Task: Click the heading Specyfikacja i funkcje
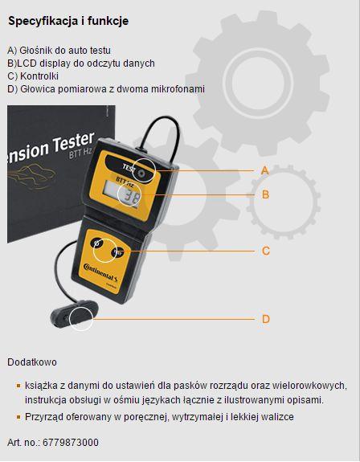click(x=68, y=21)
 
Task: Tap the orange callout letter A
click(x=265, y=170)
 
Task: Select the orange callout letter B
click(x=265, y=194)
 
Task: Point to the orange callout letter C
click(x=266, y=251)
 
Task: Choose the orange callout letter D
click(x=266, y=319)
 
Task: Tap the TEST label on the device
click(x=129, y=168)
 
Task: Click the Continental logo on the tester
click(x=100, y=272)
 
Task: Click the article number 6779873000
click(x=71, y=443)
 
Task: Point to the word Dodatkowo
click(x=32, y=362)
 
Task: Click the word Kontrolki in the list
click(x=39, y=76)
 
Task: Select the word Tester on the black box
click(x=74, y=144)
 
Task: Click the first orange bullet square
click(x=18, y=386)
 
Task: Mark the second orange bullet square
click(x=18, y=417)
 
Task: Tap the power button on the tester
click(x=96, y=243)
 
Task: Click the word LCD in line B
click(x=24, y=63)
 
